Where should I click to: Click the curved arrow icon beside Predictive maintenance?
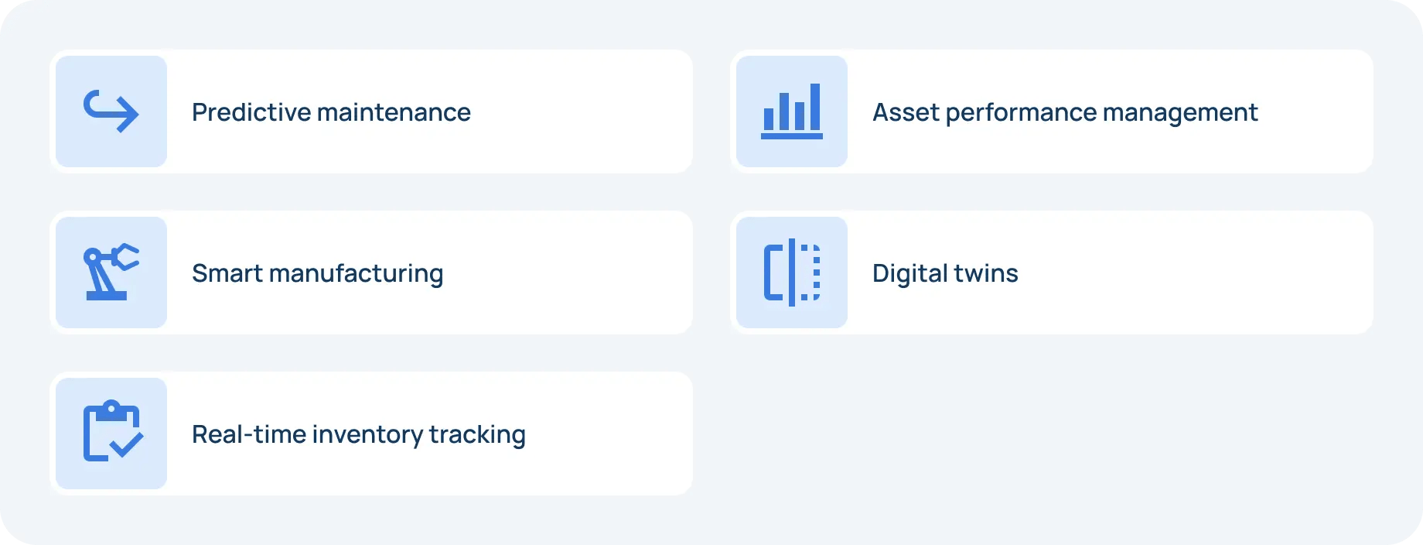(111, 111)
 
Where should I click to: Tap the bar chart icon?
(792, 111)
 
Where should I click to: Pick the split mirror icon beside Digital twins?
(792, 272)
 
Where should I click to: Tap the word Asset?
(905, 112)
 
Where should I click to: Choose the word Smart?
(227, 273)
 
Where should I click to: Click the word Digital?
(909, 274)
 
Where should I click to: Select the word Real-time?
(248, 434)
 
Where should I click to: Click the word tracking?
(477, 435)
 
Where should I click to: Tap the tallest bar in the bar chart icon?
(814, 107)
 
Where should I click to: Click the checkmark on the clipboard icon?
(126, 444)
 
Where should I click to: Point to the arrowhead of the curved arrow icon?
(130, 115)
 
